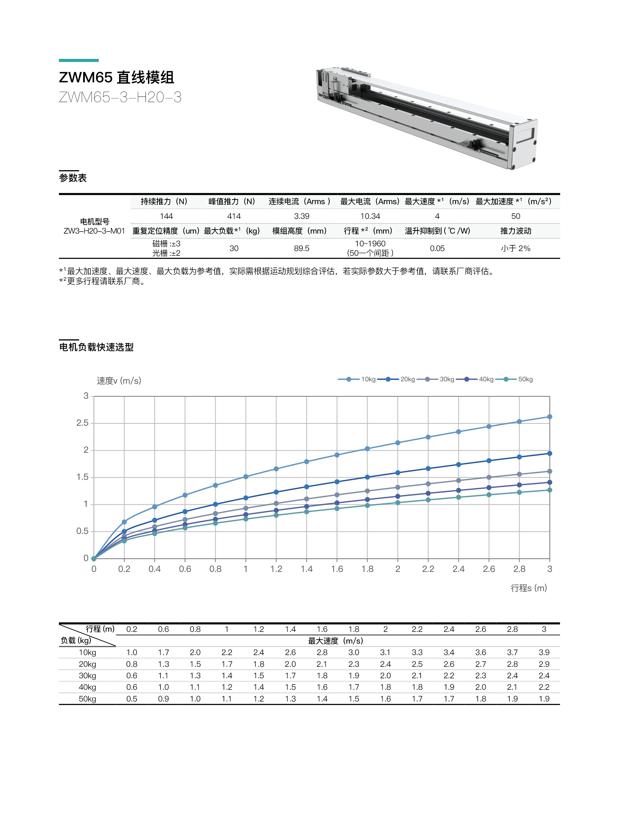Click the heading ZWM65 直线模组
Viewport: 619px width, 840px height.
[117, 78]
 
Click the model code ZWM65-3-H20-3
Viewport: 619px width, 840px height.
[120, 97]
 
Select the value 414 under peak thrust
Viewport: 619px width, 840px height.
[234, 216]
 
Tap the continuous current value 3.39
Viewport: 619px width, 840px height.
[302, 216]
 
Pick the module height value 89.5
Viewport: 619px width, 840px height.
[302, 248]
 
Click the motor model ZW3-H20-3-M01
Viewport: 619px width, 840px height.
[94, 231]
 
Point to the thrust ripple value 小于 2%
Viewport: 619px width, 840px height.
[516, 248]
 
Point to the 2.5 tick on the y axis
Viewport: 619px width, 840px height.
[82, 423]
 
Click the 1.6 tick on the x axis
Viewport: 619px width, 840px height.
[337, 569]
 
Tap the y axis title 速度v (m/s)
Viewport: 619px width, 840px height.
[119, 381]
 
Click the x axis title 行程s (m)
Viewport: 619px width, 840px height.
[529, 588]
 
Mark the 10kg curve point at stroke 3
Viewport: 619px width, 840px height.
[550, 417]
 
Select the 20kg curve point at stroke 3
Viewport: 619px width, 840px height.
[550, 453]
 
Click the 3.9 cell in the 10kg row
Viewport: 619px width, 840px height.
[544, 652]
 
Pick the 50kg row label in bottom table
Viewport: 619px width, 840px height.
[87, 699]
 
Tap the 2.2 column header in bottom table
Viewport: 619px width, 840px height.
[417, 629]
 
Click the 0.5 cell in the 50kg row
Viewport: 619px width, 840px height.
[132, 699]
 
